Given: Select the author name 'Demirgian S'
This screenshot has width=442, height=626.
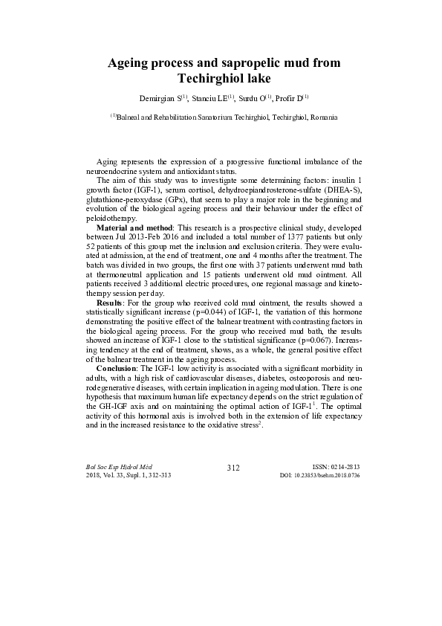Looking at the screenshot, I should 158,98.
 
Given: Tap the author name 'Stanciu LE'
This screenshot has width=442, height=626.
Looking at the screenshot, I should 209,98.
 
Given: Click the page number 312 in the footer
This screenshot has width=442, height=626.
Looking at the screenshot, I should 232,467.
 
